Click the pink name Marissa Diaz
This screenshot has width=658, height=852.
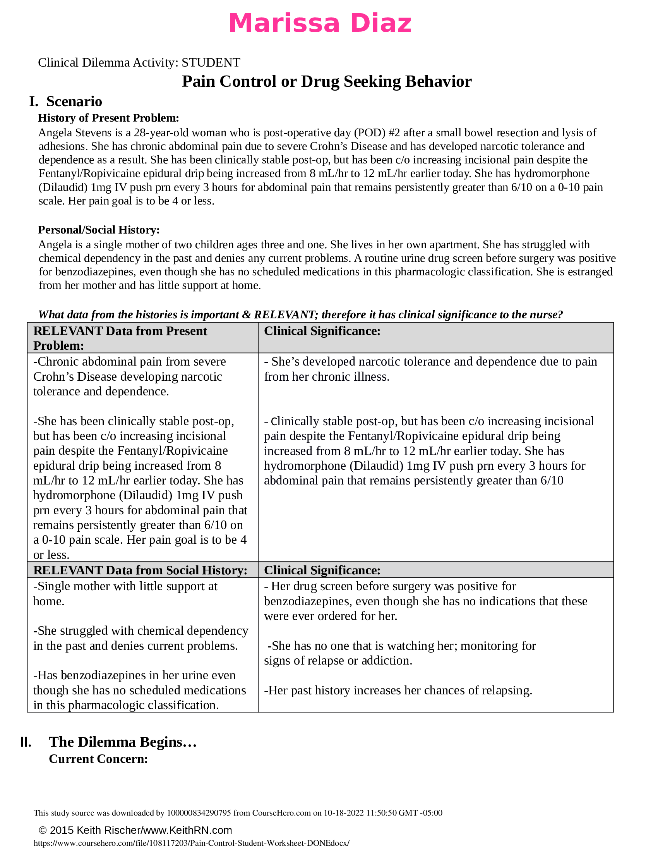pyautogui.click(x=320, y=23)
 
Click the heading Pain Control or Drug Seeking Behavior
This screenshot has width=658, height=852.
pyautogui.click(x=327, y=82)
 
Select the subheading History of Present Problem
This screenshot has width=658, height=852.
pyautogui.click(x=108, y=118)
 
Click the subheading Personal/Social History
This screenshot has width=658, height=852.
pyautogui.click(x=99, y=230)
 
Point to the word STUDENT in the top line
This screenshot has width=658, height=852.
pyautogui.click(x=211, y=62)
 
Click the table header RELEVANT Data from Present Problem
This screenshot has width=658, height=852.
pyautogui.click(x=120, y=338)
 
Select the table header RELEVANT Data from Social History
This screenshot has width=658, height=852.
pyautogui.click(x=140, y=570)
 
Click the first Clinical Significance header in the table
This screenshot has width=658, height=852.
pyautogui.click(x=322, y=331)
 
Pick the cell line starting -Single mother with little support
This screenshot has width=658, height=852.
pyautogui.click(x=125, y=586)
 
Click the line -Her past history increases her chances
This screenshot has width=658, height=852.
pyautogui.click(x=398, y=690)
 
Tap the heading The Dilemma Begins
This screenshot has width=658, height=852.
pyautogui.click(x=122, y=742)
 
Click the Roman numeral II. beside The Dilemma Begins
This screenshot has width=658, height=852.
pyautogui.click(x=26, y=742)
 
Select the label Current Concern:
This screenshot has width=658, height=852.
pyautogui.click(x=98, y=759)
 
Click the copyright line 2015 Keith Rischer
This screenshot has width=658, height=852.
pyautogui.click(x=135, y=830)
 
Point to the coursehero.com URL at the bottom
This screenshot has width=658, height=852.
pyautogui.click(x=191, y=843)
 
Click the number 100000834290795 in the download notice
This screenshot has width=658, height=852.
pyautogui.click(x=199, y=813)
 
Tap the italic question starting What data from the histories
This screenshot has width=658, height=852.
pyautogui.click(x=300, y=314)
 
